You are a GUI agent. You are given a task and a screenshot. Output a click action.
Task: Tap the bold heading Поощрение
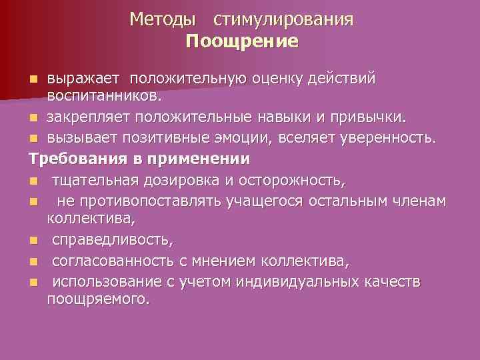242,42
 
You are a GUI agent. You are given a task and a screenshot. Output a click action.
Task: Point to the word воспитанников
103,97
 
